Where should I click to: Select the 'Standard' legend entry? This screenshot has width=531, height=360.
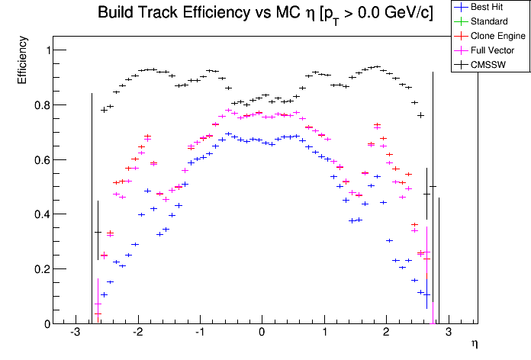[488, 21]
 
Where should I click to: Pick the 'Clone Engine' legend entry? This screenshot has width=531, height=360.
[494, 36]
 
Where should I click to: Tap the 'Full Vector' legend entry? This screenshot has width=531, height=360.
[492, 50]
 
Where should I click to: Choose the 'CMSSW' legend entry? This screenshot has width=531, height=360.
[488, 65]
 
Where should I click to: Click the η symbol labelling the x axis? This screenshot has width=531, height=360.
[474, 345]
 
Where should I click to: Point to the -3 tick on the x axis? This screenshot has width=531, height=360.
[75, 333]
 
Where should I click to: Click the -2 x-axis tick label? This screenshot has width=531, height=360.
[137, 333]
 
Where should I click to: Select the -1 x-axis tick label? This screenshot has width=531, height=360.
[199, 333]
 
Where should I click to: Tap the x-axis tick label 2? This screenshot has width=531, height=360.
[387, 333]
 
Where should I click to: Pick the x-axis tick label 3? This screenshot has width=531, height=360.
[449, 333]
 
